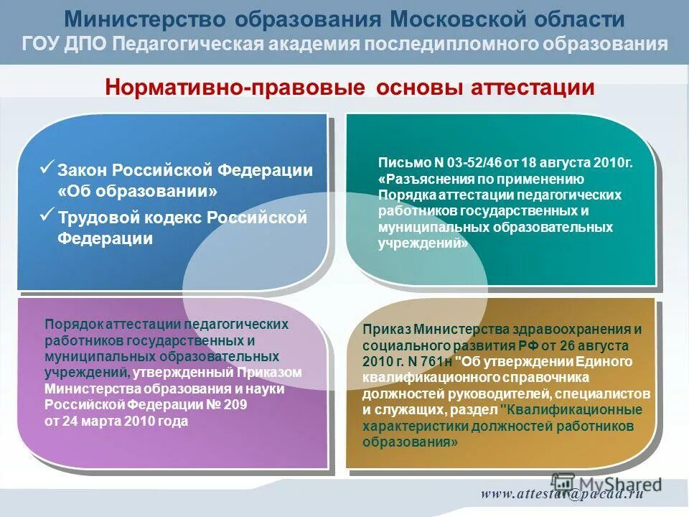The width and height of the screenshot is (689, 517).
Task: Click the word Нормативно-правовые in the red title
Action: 235,88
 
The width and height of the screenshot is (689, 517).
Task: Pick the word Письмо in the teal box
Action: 398,163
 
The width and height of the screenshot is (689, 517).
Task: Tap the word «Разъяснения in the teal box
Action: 418,179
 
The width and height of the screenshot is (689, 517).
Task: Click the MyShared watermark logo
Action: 606,485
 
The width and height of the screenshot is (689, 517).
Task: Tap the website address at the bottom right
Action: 561,493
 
